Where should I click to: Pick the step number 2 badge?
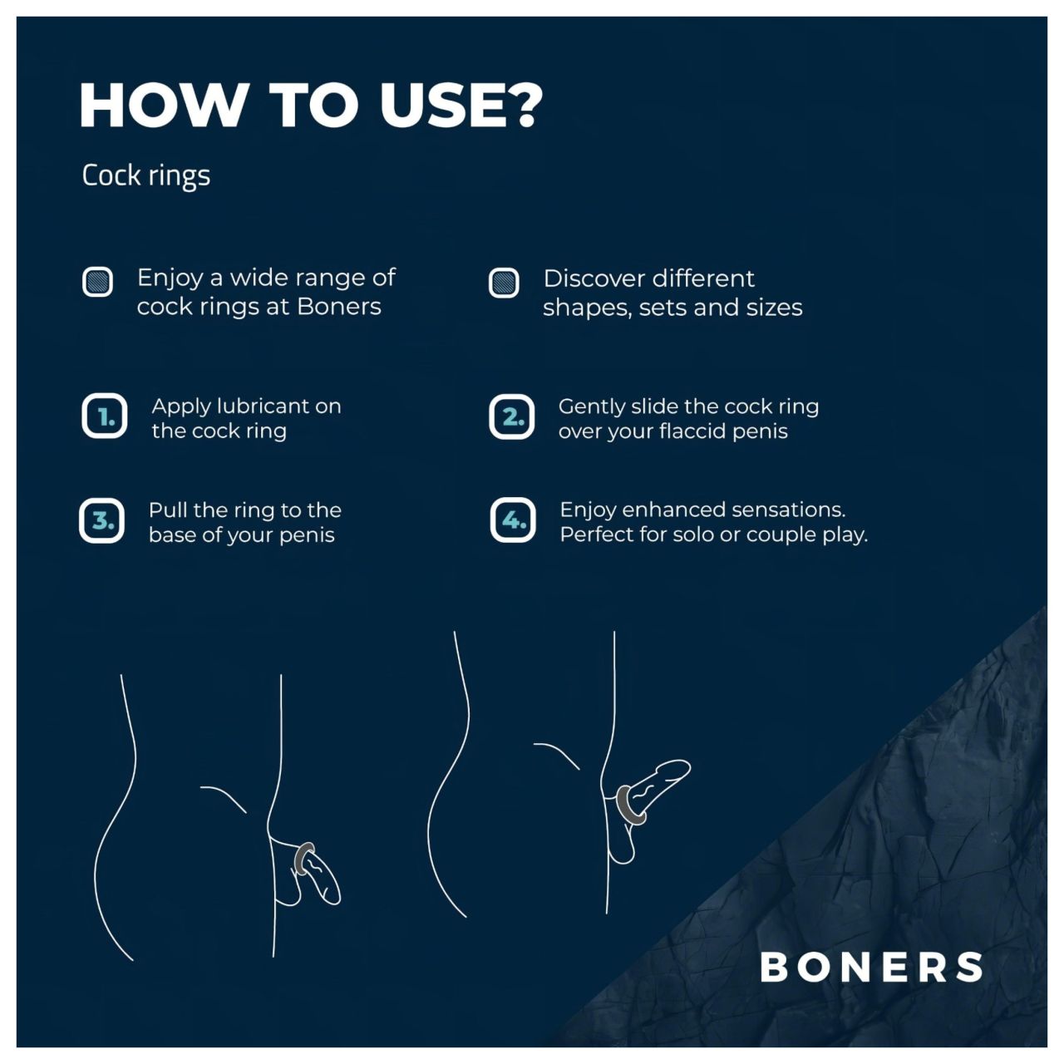pyautogui.click(x=511, y=416)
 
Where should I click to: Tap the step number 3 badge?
pyautogui.click(x=102, y=521)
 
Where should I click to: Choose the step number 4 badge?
pyautogui.click(x=512, y=520)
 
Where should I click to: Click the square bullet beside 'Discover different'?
pyautogui.click(x=504, y=283)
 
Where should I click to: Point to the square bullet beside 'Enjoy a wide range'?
pyautogui.click(x=98, y=282)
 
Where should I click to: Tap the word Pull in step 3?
pyautogui.click(x=167, y=510)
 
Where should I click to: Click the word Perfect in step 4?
pyautogui.click(x=597, y=534)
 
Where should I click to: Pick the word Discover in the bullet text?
pyautogui.click(x=596, y=278)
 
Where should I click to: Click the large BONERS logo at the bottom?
pyautogui.click(x=871, y=967)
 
